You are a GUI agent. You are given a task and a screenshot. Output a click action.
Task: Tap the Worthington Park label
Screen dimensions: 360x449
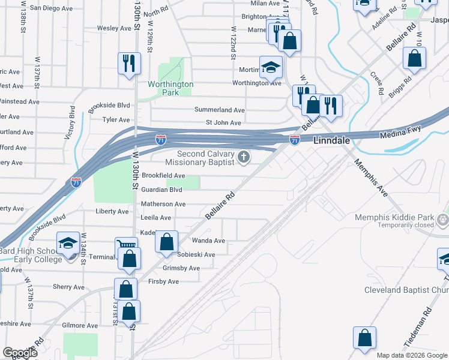point(171,88)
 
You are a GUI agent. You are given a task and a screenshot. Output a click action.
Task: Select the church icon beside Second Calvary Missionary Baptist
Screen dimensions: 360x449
point(243,157)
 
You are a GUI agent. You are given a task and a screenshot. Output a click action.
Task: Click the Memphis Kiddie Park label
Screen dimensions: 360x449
point(394,217)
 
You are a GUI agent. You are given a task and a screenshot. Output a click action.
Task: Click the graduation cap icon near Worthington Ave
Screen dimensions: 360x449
point(271,67)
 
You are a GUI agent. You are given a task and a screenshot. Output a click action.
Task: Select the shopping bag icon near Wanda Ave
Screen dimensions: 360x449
point(167,242)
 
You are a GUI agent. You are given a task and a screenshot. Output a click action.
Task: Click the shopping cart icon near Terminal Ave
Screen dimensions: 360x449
point(126,247)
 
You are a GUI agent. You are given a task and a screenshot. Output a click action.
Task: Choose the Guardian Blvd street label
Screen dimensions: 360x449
point(161,190)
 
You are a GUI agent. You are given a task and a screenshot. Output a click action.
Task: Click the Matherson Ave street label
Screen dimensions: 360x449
point(163,204)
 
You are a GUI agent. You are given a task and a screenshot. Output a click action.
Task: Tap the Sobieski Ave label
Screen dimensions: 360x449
point(196,254)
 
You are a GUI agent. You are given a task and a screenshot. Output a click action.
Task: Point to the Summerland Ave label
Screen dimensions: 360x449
point(219,110)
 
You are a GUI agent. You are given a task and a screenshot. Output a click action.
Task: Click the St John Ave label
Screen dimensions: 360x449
point(223,123)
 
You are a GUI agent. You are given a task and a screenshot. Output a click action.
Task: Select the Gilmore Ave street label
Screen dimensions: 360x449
point(80,325)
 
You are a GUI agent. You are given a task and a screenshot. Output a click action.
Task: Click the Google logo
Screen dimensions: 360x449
point(20,352)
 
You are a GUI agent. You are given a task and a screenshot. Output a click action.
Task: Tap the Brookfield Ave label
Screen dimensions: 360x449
point(163,175)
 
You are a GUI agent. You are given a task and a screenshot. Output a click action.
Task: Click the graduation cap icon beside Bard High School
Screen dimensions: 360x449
point(68,243)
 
